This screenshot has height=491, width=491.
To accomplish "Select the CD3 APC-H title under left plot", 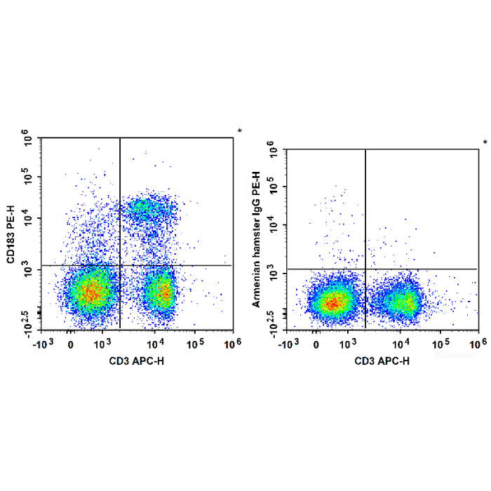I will coord(137,361).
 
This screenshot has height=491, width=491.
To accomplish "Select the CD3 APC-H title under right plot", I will coord(382,361).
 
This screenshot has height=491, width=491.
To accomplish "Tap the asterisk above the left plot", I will coord(239,131).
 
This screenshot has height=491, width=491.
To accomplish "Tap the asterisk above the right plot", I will coord(485,143).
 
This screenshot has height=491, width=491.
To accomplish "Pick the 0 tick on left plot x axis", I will coord(71,344).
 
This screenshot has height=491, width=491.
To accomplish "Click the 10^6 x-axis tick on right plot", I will coord(478,344).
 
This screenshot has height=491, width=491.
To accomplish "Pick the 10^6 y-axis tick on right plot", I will coord(276,149).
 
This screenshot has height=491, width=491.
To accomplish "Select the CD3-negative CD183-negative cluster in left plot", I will coord(89,293).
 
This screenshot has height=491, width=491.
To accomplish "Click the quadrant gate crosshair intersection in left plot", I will coord(121,265).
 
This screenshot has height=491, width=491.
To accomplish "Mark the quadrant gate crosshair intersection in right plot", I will coord(365,269).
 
